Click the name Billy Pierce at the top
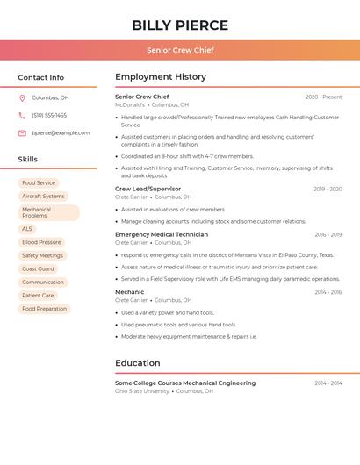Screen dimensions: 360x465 tap(180, 25)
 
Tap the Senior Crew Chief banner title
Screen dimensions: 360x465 tap(180, 50)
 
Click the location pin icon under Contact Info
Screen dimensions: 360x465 tap(22, 98)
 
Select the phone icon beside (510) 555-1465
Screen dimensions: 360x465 tap(22, 116)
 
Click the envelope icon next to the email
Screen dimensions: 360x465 tap(22, 133)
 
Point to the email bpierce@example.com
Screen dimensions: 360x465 tap(61, 133)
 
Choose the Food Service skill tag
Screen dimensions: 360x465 tap(39, 183)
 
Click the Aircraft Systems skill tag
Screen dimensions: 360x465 tap(43, 197)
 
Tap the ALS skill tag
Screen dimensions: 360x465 tap(27, 229)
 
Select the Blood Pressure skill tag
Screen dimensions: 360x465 tap(41, 242)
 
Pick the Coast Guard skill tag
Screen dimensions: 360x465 tap(38, 268)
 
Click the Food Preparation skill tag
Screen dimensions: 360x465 tap(44, 309)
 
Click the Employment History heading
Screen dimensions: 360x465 tap(161, 77)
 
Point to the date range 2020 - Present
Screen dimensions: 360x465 tap(323, 97)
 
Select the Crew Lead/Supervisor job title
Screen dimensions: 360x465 tap(148, 189)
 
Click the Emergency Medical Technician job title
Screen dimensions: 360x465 tap(162, 234)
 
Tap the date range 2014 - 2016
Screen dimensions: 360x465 tap(328, 292)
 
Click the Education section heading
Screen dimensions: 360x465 tap(138, 363)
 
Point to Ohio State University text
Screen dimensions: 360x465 tap(142, 391)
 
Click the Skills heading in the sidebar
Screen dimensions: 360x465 tap(28, 160)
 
